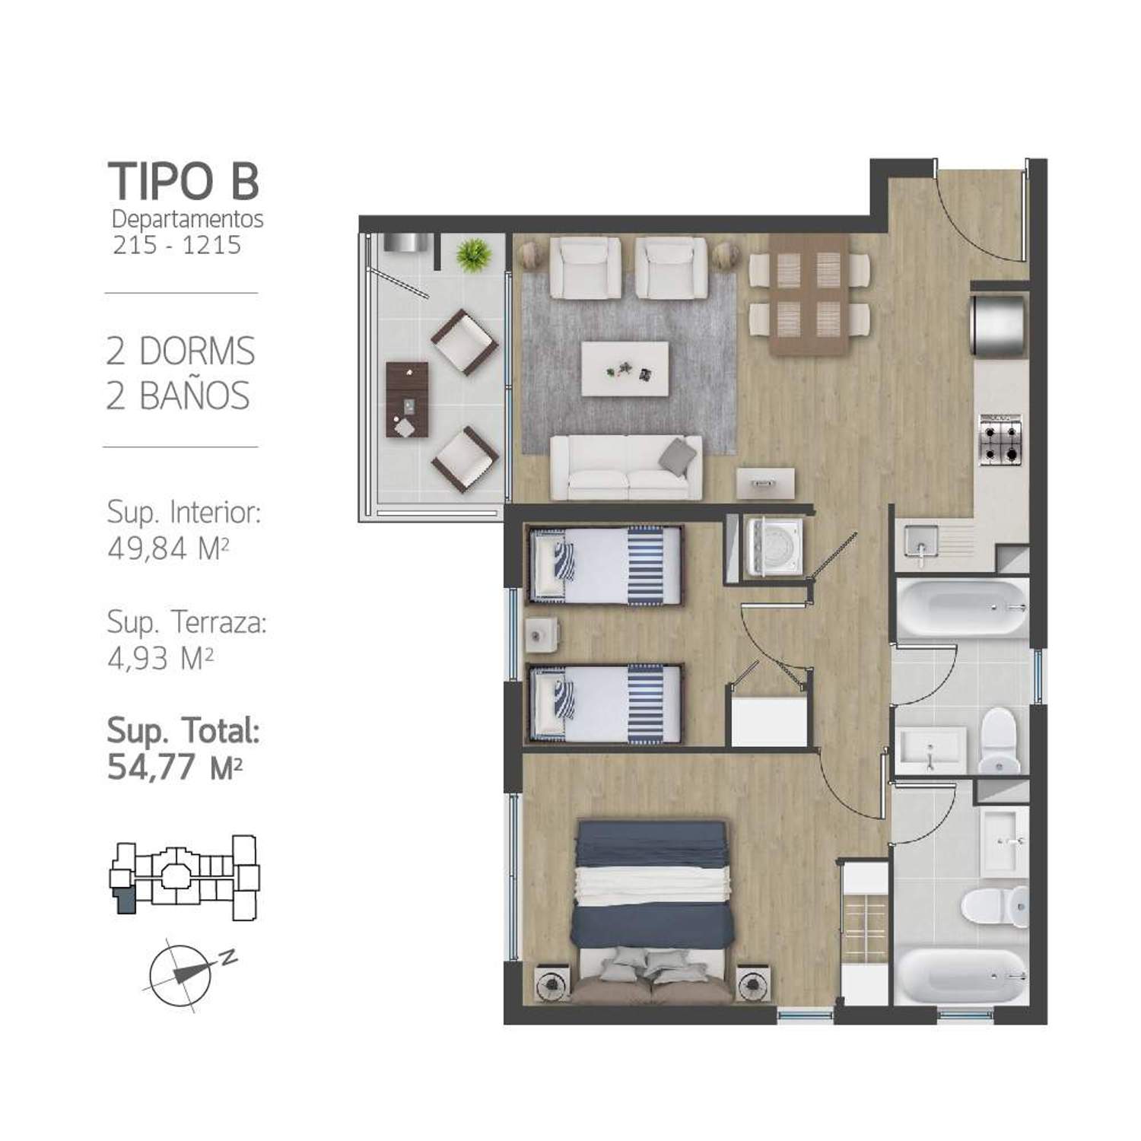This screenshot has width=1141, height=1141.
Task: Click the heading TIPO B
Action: click(x=183, y=181)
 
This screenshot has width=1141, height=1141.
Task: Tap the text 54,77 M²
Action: click(x=175, y=768)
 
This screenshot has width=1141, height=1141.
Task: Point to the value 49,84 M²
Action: click(x=168, y=548)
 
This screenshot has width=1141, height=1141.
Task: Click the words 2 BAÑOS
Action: click(x=178, y=396)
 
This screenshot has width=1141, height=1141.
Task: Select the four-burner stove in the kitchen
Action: click(x=1000, y=440)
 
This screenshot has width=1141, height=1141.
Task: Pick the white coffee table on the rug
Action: click(x=625, y=368)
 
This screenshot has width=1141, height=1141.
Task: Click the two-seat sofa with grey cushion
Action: click(x=626, y=467)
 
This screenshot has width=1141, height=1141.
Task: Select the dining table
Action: click(x=809, y=294)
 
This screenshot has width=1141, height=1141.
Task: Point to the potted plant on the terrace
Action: click(x=473, y=253)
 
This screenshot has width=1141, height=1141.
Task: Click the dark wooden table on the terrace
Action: click(x=407, y=399)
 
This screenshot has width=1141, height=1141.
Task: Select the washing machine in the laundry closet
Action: click(x=772, y=546)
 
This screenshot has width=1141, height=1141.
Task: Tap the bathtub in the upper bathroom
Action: click(x=961, y=607)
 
